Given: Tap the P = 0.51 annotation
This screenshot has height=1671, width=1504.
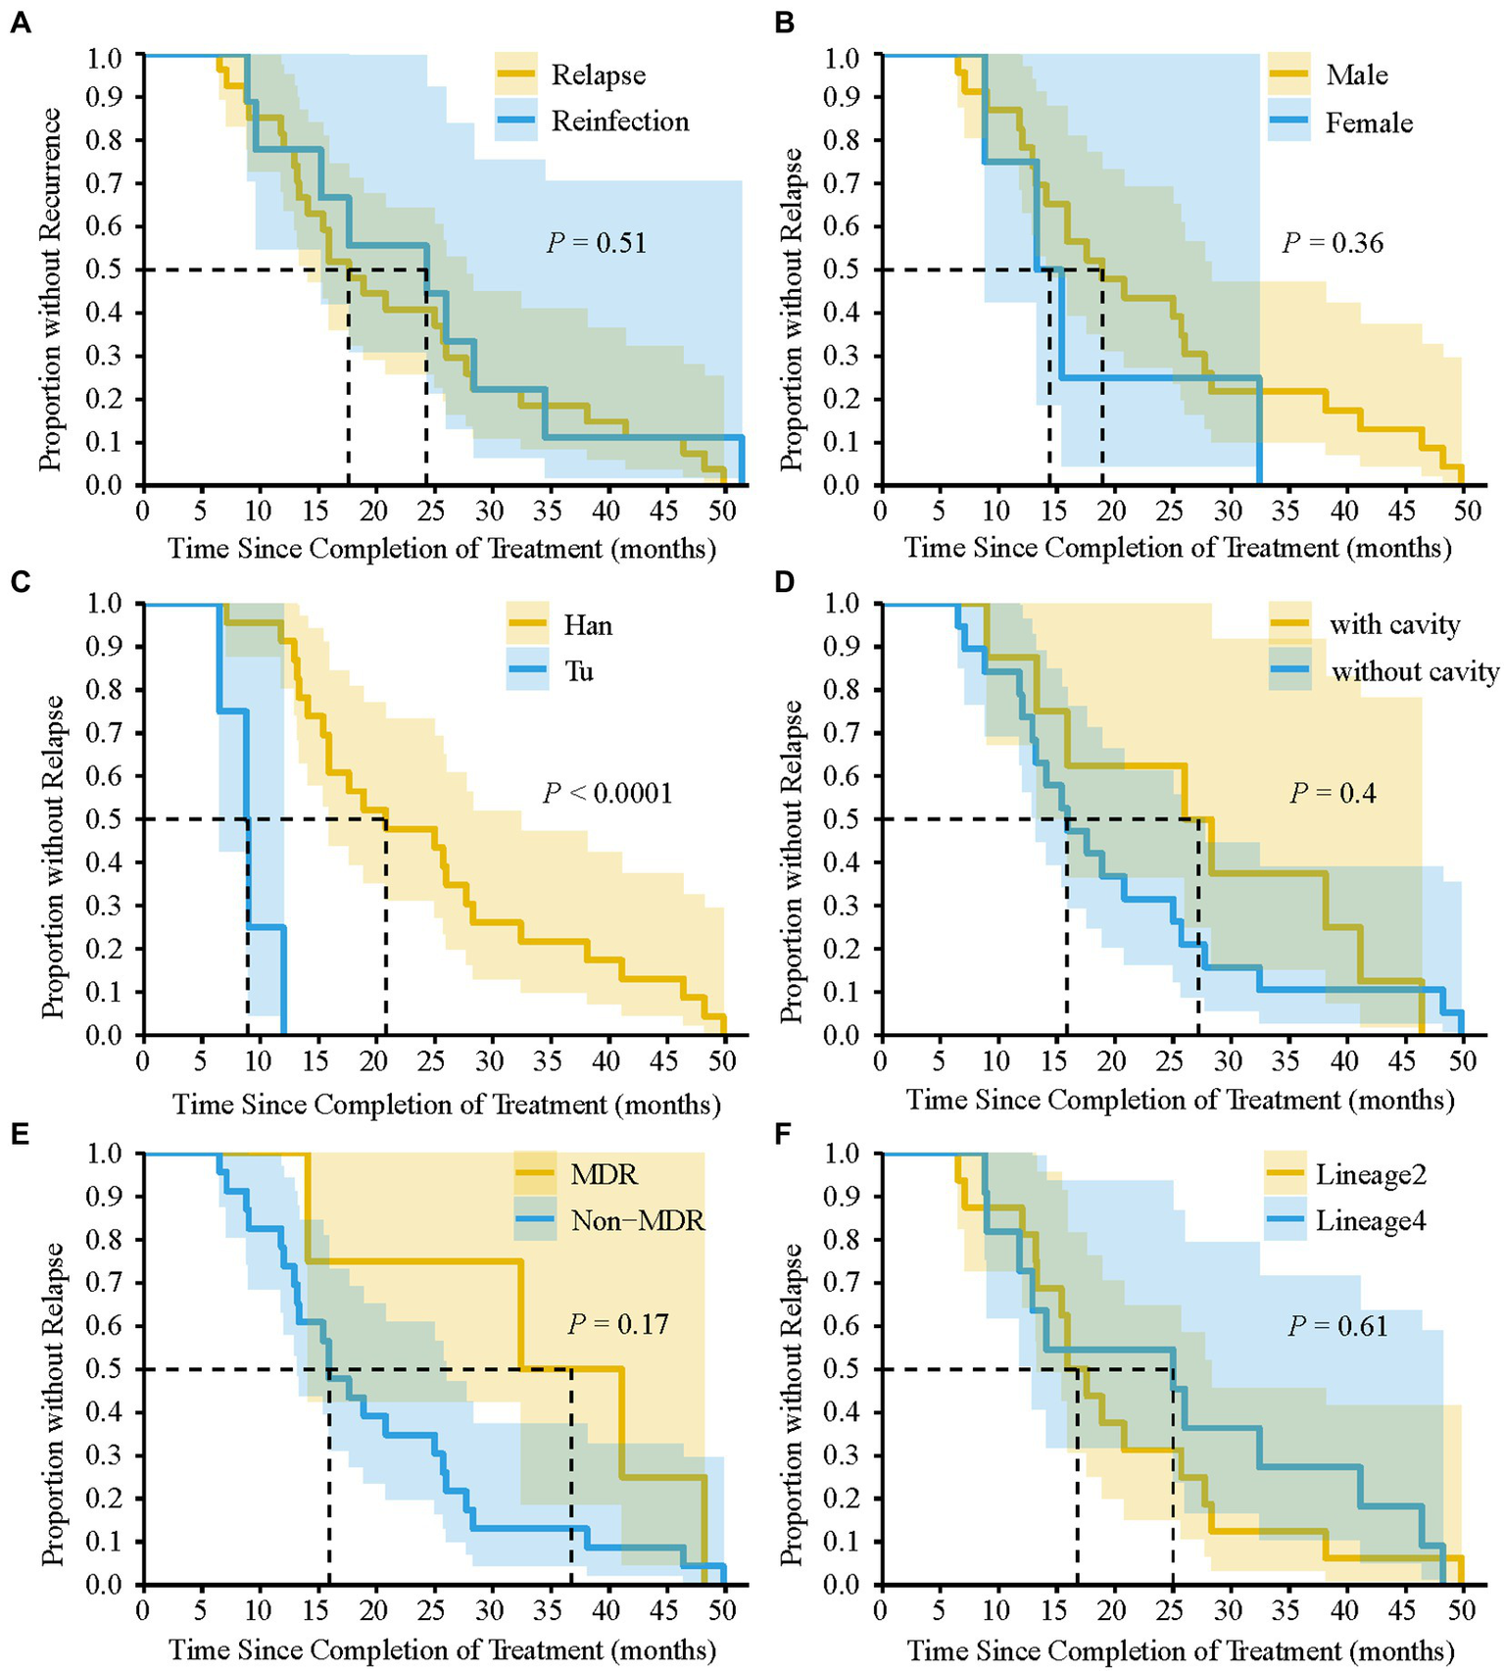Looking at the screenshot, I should tap(597, 243).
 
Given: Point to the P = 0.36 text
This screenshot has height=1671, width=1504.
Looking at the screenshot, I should tap(1333, 243).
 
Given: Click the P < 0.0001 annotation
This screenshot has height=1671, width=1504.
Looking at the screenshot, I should tap(607, 793).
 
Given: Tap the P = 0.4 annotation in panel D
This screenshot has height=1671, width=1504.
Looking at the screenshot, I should tap(1333, 793).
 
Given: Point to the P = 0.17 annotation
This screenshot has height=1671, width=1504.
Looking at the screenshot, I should tap(618, 1325).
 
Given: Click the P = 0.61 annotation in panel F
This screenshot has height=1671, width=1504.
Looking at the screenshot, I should tap(1337, 1327).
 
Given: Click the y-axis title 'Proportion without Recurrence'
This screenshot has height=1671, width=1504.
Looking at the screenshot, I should tap(51, 289).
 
